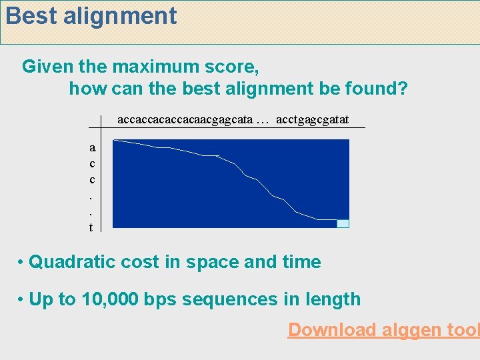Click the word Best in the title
click(31, 16)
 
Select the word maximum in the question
click(156, 67)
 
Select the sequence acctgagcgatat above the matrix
click(312, 119)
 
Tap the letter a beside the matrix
click(91, 147)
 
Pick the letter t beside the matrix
click(91, 227)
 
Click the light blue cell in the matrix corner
click(343, 223)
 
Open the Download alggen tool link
click(383, 329)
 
